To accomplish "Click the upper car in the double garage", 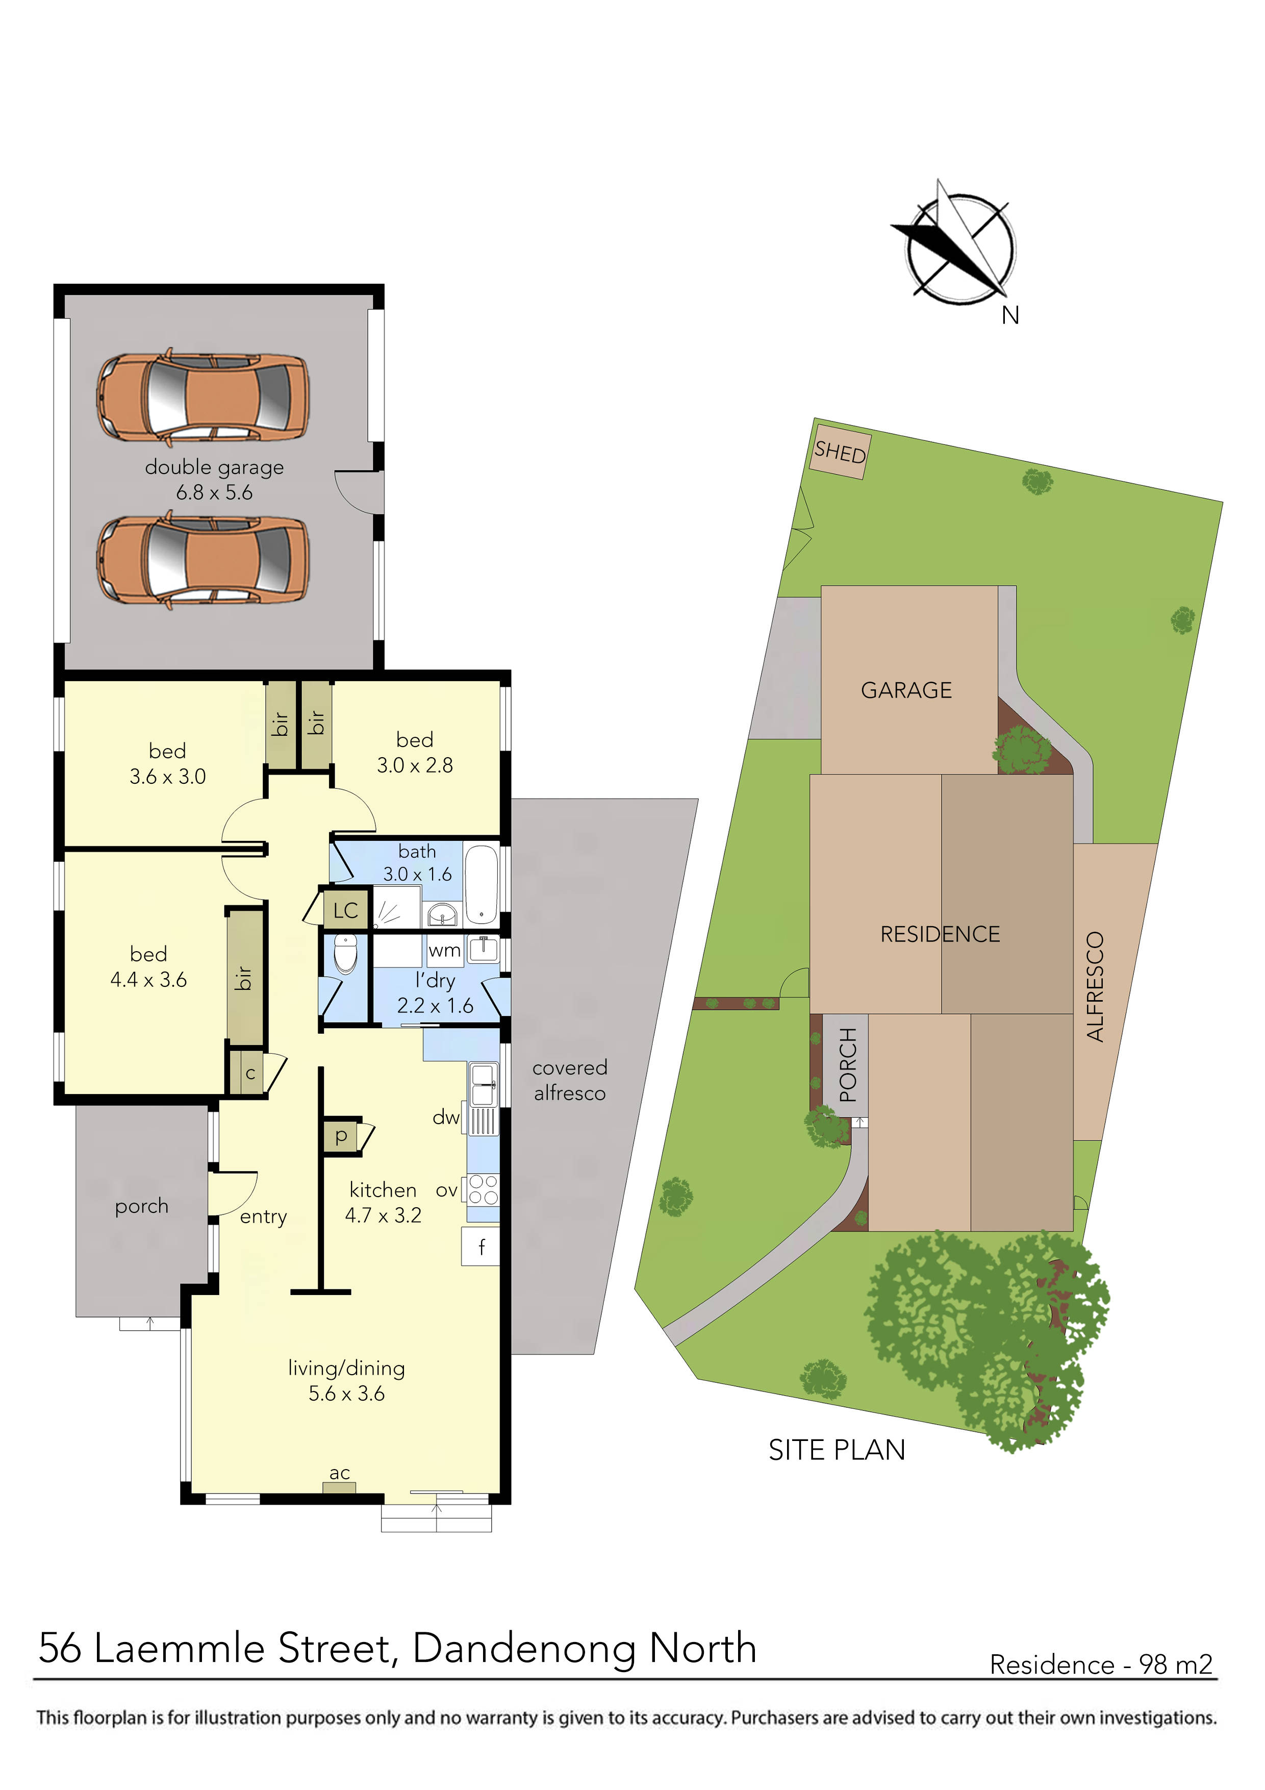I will click(203, 397).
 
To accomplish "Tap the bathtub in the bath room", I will click(482, 884).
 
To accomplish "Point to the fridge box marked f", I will click(481, 1248).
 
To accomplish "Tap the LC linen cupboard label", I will click(345, 911).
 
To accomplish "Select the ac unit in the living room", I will click(339, 1487).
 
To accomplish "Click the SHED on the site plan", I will click(840, 452).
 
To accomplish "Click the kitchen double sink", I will click(483, 1084).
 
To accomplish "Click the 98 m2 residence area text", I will click(1175, 1665).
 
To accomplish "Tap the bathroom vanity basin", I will click(443, 914).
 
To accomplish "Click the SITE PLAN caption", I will click(837, 1450).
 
